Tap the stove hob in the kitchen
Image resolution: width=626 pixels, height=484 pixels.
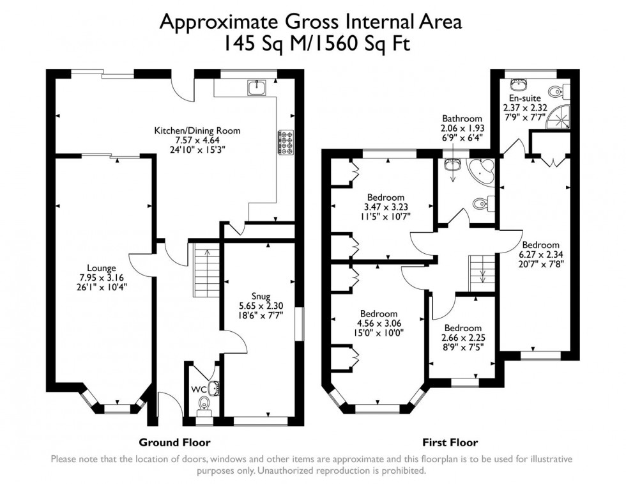(284, 142)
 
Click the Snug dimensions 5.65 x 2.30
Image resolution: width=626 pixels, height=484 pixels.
(261, 306)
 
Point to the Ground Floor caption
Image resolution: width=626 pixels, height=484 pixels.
(174, 442)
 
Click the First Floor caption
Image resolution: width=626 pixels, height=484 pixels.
(450, 442)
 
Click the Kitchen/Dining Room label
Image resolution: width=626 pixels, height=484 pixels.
(197, 130)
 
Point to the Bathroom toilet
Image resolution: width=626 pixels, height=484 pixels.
(480, 204)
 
